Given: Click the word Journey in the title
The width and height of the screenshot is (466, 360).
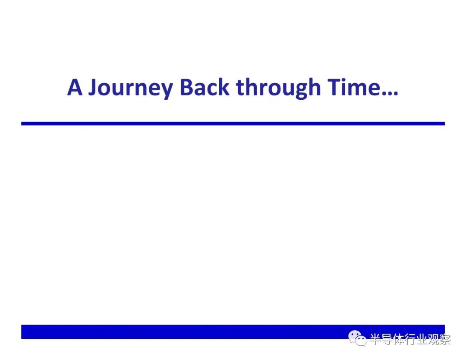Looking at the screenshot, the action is (131, 88).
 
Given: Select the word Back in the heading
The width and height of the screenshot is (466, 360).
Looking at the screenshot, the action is (205, 87).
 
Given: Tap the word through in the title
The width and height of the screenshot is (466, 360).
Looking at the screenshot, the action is (278, 88).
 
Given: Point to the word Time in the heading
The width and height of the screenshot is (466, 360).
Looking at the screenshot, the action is (354, 87).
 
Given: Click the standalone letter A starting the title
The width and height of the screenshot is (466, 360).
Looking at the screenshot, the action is (75, 87).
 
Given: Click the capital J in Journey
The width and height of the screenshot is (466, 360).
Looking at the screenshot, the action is (94, 87).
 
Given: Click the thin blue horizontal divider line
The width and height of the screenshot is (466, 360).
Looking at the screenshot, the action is (233, 123).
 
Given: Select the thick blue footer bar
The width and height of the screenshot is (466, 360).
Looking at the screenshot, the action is (233, 332).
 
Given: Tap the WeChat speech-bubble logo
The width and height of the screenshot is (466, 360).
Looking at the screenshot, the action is (357, 338).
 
